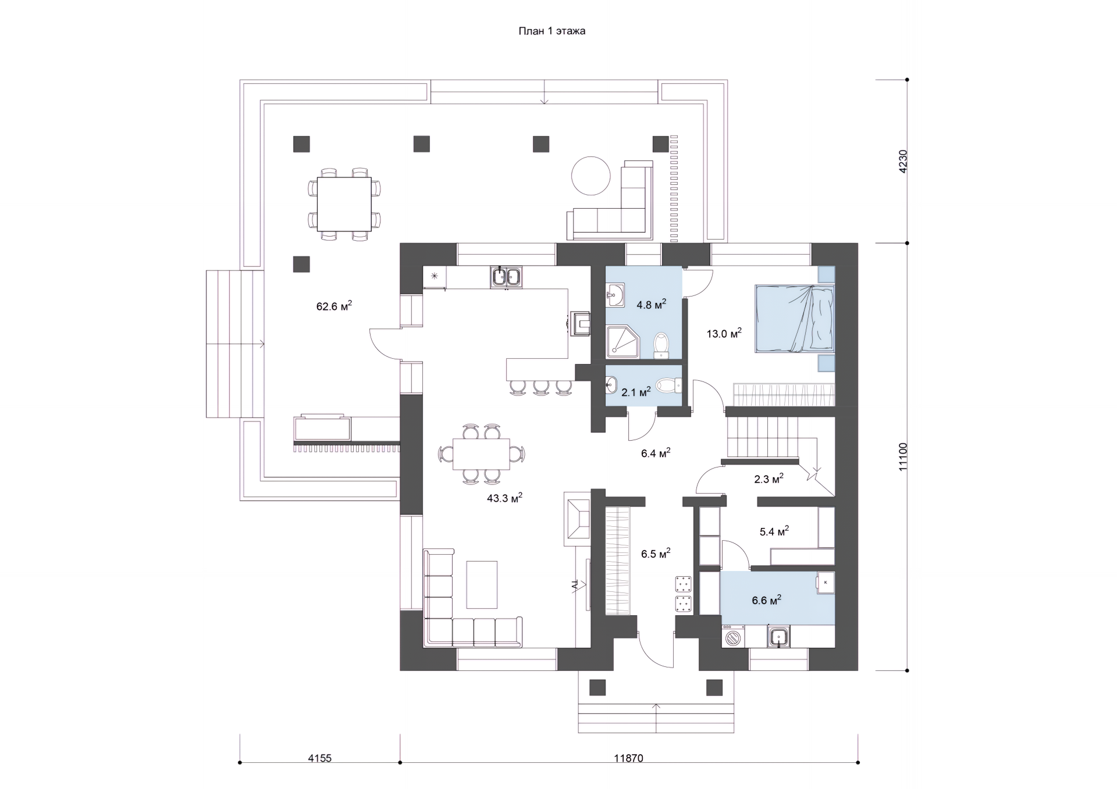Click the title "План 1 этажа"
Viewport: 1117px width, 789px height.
(x=552, y=31)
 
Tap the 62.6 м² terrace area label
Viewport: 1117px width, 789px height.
(x=334, y=306)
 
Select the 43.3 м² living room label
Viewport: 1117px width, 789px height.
(x=504, y=498)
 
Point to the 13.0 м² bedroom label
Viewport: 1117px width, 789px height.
(x=724, y=334)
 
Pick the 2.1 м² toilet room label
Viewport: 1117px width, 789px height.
(x=636, y=392)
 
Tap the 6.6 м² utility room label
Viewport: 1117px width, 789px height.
(x=766, y=600)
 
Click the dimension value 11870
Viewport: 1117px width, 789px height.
(x=628, y=758)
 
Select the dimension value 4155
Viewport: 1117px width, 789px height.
(x=319, y=758)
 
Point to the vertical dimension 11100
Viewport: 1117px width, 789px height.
(x=902, y=456)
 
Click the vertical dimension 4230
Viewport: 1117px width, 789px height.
(x=902, y=162)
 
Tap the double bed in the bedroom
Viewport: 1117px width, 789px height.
(x=795, y=319)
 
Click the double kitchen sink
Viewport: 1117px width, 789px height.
(x=506, y=277)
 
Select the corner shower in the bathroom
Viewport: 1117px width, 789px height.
(x=623, y=342)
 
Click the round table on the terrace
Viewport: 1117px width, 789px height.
(x=591, y=176)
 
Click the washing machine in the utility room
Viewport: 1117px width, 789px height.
(x=734, y=637)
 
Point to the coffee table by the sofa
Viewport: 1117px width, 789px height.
(x=482, y=584)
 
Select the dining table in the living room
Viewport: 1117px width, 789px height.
(x=481, y=454)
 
